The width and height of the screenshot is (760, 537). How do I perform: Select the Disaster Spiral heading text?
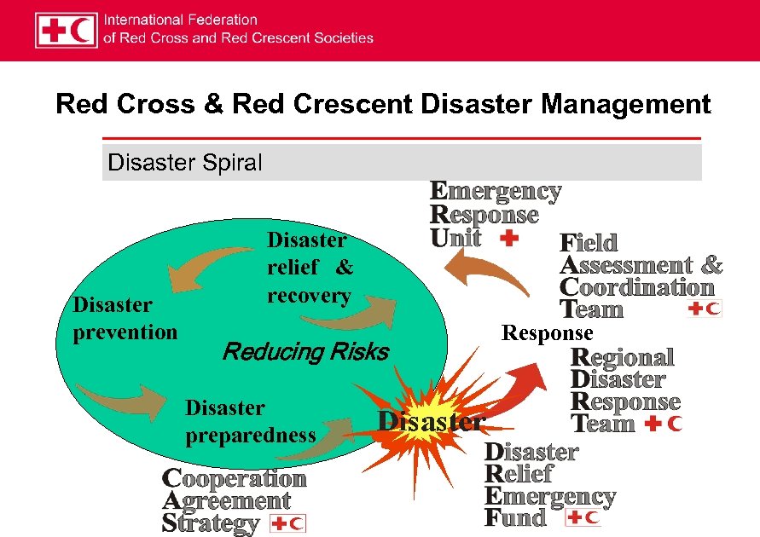[185, 162]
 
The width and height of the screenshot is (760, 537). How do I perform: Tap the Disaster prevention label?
[125, 318]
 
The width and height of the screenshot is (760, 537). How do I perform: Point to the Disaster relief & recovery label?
[310, 268]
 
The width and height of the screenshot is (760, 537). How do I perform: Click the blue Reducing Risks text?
[305, 351]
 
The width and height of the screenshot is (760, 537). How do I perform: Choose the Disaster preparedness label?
[250, 422]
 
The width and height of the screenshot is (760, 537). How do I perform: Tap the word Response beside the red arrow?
[547, 332]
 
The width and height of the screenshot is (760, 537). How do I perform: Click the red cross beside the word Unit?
[508, 238]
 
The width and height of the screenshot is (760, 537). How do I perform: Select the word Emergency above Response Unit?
[496, 192]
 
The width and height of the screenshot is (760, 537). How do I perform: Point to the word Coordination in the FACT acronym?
[637, 287]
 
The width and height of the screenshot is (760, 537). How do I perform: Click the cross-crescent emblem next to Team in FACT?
[705, 309]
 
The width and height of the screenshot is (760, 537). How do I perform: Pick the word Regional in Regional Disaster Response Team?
[623, 357]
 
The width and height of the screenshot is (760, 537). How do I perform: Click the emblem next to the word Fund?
[583, 517]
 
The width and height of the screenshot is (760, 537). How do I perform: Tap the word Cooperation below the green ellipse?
[234, 479]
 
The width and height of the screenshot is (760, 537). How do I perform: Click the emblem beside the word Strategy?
[287, 523]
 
